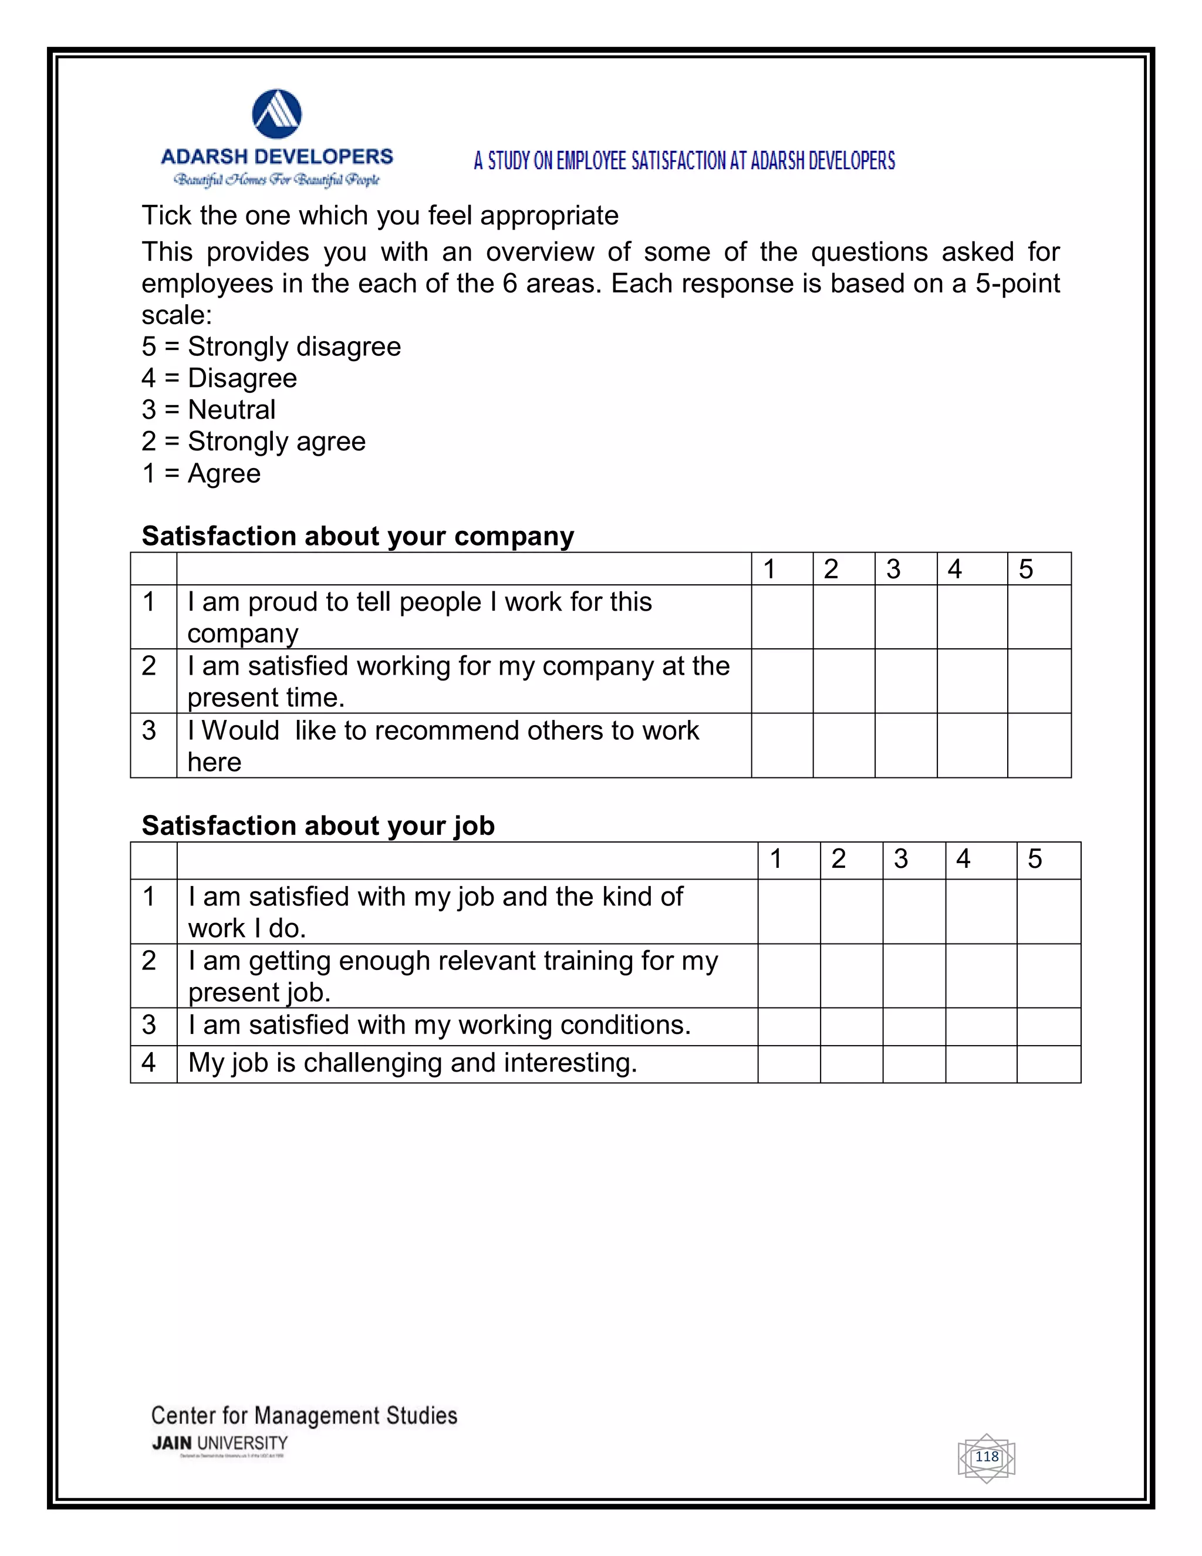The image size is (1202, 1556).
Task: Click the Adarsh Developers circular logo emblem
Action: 277,114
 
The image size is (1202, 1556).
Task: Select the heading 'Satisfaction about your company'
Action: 357,535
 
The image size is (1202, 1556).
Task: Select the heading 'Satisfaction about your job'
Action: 318,825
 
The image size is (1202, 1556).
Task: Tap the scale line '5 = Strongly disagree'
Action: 271,346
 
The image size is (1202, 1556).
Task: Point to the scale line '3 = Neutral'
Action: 208,410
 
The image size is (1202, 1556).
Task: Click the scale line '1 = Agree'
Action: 201,473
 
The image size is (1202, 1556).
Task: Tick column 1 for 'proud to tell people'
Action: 782,617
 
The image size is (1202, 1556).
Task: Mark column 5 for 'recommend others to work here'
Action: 1039,745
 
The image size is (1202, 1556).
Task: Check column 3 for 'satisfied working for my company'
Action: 905,681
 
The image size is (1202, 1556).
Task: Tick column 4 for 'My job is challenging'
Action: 981,1065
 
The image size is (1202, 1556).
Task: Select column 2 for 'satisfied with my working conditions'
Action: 851,1026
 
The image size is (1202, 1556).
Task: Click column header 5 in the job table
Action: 1048,860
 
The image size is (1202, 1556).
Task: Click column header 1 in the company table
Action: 782,569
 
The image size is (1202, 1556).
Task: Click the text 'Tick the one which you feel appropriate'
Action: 380,215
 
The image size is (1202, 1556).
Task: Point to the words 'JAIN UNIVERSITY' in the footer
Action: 220,1443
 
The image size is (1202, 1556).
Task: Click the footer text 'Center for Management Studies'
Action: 304,1415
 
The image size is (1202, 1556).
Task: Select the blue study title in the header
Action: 684,161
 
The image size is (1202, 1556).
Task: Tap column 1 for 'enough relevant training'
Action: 788,976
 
